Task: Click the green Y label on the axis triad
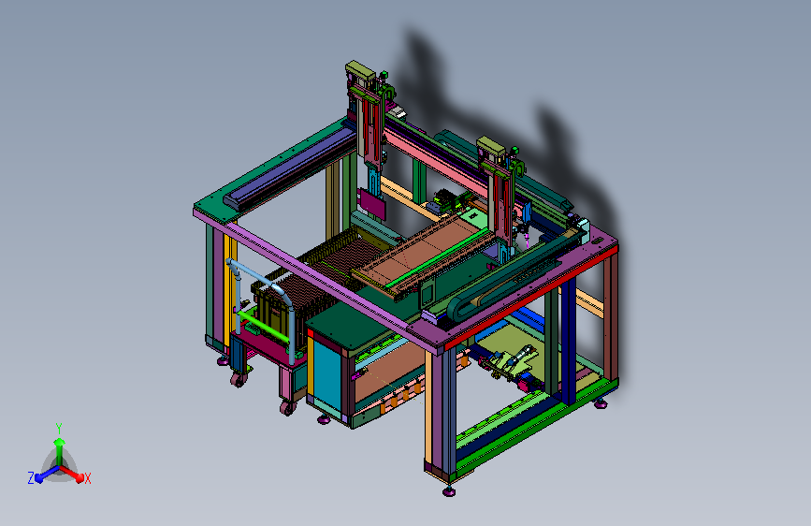click(x=59, y=429)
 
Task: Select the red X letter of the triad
click(x=87, y=478)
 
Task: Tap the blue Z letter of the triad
click(x=31, y=478)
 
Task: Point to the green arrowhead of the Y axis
click(x=60, y=442)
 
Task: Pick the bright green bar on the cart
click(x=263, y=326)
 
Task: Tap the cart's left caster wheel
click(x=239, y=381)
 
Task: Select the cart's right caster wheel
click(x=286, y=408)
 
